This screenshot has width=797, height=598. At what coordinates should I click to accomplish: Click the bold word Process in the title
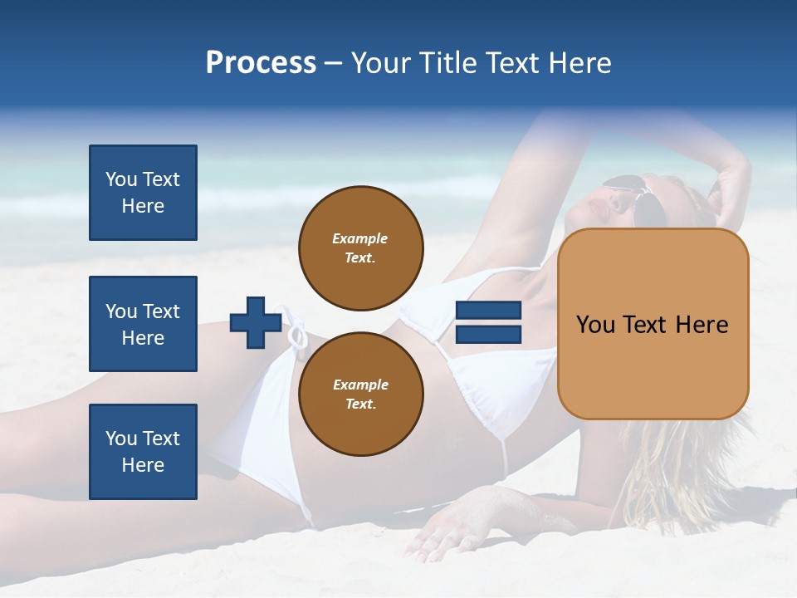tap(261, 63)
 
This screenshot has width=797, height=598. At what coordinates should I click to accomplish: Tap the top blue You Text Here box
tap(143, 193)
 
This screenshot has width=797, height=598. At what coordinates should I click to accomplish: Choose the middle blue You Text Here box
tap(143, 324)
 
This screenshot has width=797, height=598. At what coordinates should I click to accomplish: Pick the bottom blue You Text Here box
tap(143, 452)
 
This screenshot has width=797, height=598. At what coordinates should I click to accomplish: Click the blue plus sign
tap(256, 323)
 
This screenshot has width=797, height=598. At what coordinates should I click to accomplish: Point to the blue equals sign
tap(488, 323)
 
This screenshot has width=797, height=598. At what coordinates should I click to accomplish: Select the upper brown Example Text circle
tap(360, 248)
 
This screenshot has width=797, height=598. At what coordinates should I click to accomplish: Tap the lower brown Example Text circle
tap(360, 394)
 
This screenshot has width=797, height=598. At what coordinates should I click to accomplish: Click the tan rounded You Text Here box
tap(653, 324)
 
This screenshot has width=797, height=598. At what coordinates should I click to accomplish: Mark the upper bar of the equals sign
tap(488, 311)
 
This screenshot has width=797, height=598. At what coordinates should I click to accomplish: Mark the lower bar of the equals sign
tap(488, 335)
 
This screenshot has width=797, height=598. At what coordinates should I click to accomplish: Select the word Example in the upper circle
tap(360, 238)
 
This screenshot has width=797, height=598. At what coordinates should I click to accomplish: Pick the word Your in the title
tap(379, 63)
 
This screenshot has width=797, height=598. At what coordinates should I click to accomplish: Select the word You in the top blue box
tap(121, 179)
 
